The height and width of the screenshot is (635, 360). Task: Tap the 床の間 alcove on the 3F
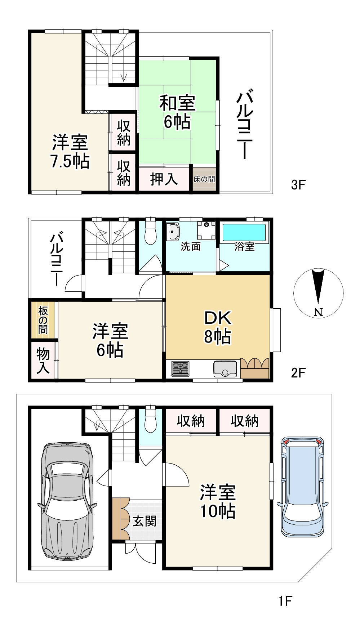click(204, 179)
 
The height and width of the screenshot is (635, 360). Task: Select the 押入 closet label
click(164, 179)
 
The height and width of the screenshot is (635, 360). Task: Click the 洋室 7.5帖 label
click(70, 151)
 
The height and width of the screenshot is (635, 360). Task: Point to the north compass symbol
click(318, 292)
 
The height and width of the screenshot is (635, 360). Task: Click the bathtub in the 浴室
click(244, 232)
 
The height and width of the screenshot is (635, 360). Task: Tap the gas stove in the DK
click(180, 368)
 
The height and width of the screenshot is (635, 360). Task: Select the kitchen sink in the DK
click(225, 368)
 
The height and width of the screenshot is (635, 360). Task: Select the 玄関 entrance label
click(145, 521)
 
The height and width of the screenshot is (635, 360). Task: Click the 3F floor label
click(298, 185)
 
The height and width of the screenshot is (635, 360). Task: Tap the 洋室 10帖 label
click(218, 501)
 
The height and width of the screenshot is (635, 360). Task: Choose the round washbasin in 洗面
click(173, 232)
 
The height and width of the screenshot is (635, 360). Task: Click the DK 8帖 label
click(217, 327)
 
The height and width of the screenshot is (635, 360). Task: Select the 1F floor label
click(285, 600)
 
